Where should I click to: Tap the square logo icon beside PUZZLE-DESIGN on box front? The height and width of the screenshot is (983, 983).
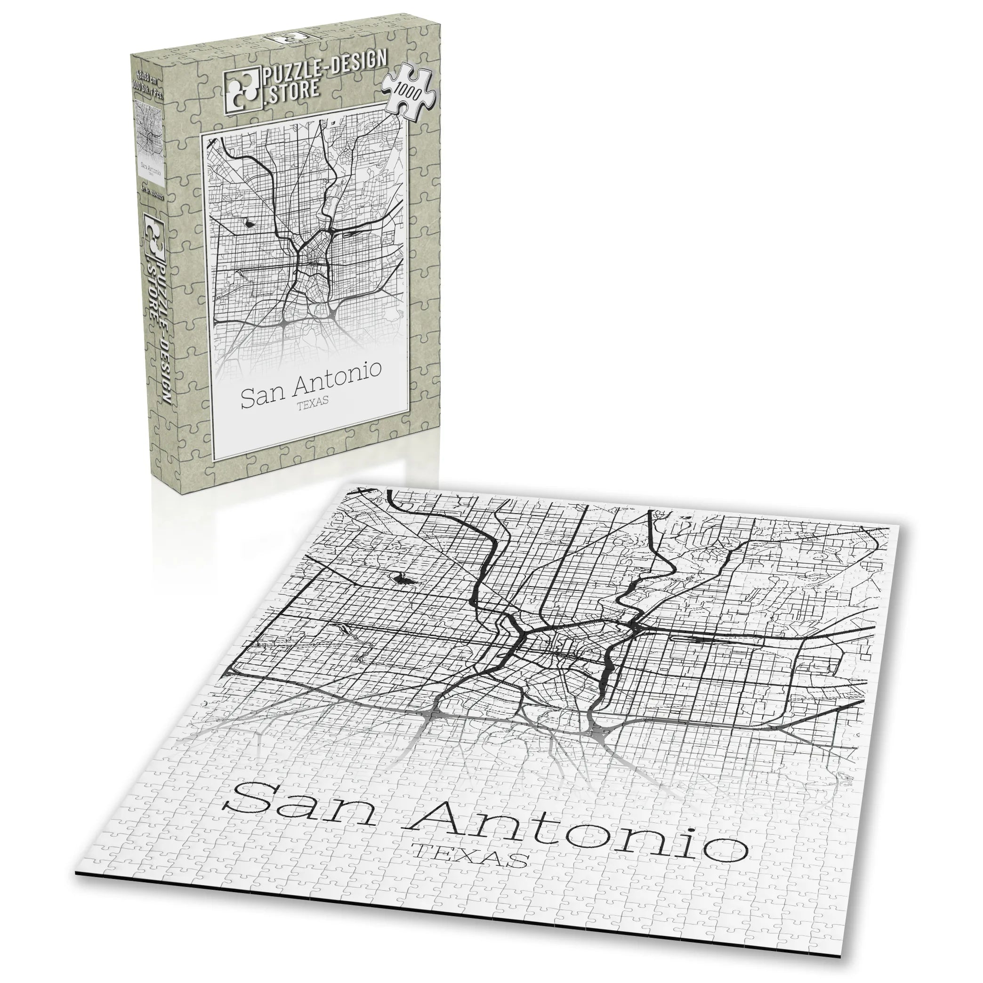[241, 90]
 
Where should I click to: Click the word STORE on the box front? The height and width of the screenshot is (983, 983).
[292, 90]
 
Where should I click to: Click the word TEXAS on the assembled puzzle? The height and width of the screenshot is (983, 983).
[470, 862]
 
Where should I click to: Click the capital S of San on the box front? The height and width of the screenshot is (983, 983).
[249, 398]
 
